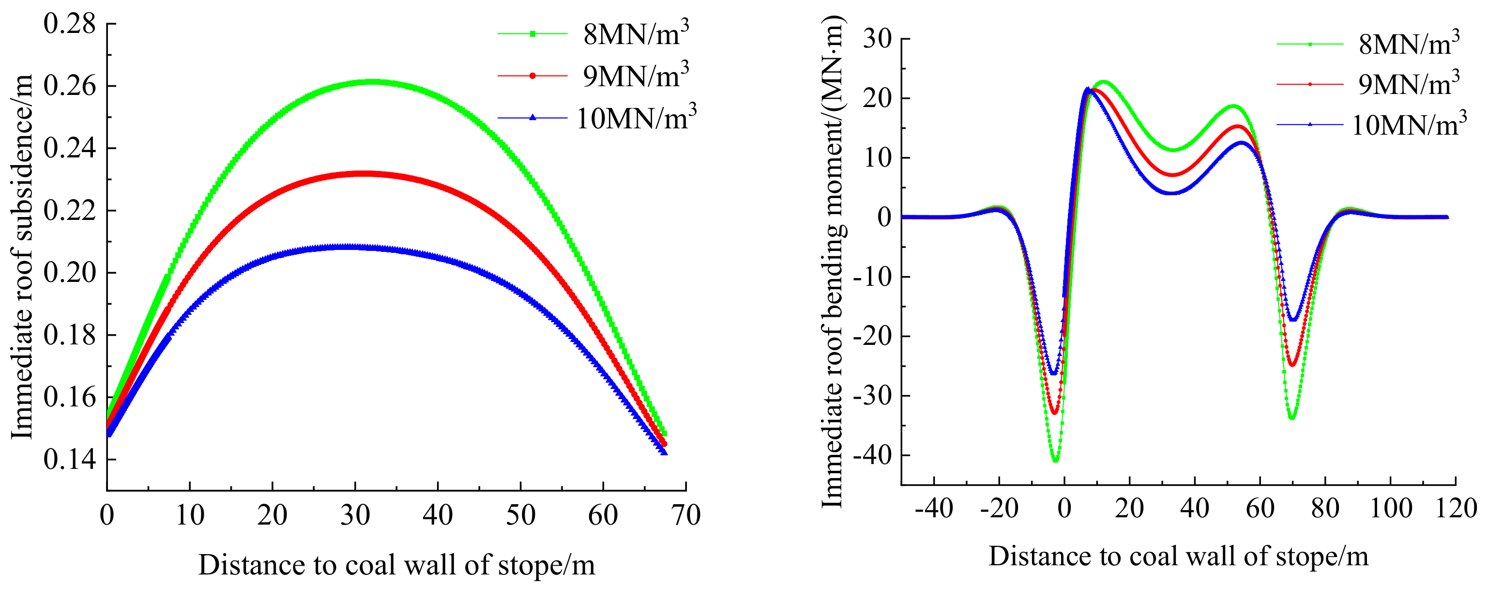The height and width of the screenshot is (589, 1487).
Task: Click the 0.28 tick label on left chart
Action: (69, 24)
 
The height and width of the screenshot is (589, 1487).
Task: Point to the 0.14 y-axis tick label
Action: (69, 460)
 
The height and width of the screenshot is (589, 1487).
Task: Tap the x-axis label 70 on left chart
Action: (686, 515)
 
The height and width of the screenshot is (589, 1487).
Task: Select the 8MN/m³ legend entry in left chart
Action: (636, 34)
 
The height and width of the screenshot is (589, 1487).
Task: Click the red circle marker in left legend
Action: (532, 76)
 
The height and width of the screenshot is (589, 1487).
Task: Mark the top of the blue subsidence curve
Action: (347, 247)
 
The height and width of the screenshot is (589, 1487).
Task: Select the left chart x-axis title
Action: (396, 565)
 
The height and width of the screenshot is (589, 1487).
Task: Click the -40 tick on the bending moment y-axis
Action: (872, 456)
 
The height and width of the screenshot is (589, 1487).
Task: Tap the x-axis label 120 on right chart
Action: (1455, 509)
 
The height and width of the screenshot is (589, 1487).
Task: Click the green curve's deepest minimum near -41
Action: (1055, 460)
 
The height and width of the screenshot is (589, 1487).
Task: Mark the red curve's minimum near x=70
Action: (1292, 364)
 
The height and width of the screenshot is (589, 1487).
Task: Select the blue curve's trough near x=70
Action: (1293, 319)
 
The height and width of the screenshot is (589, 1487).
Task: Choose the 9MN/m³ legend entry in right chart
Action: (1409, 84)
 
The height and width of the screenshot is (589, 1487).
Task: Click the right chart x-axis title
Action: (1178, 557)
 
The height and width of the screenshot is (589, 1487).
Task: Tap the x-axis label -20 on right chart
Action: (999, 509)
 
